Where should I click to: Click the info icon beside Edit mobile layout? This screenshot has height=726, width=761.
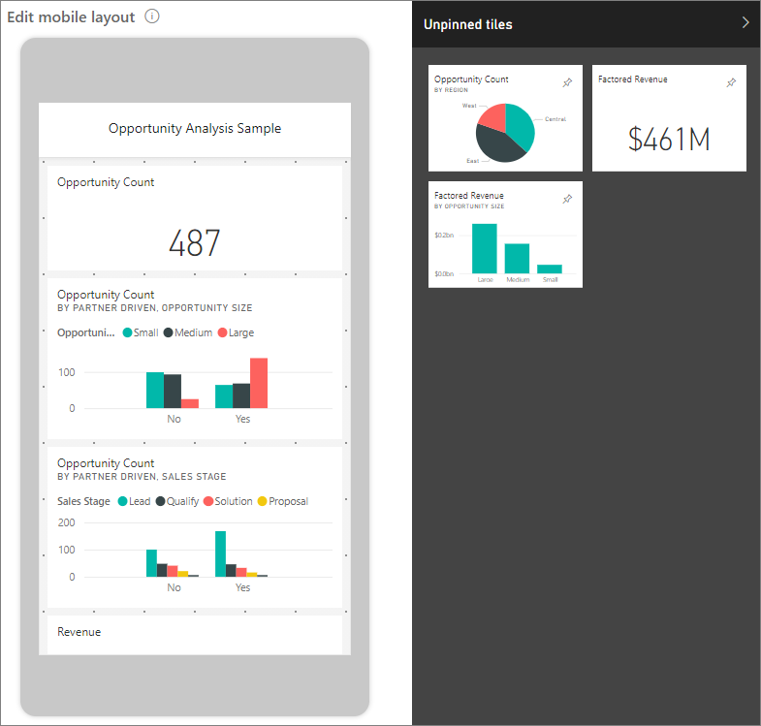point(152,16)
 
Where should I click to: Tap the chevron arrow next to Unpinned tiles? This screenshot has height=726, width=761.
point(745,22)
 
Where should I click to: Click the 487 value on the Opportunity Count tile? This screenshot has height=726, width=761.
point(195,243)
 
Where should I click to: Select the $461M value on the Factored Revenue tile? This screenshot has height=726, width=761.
point(669,140)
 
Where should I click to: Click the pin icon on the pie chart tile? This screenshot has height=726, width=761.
point(567,83)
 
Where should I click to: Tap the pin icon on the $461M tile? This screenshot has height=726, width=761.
point(731,83)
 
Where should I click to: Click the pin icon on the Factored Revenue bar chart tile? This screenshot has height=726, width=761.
point(567,199)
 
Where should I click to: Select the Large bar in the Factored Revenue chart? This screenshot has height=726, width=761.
point(485,249)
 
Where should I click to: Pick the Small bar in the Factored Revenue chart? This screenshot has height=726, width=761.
point(550,268)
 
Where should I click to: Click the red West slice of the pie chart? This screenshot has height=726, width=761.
point(492,117)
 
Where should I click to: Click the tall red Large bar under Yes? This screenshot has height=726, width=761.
point(259,383)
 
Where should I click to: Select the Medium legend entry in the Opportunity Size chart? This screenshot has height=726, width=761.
point(188,332)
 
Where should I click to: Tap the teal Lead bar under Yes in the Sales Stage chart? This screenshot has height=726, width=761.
point(221,553)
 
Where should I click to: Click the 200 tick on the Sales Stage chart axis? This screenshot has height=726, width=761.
point(67,522)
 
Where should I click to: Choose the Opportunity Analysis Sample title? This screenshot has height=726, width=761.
point(195,128)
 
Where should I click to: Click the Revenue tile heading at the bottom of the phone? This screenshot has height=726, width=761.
point(79,632)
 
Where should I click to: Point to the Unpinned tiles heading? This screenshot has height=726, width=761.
point(468,24)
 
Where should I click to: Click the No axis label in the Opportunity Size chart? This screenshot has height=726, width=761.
point(174,421)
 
